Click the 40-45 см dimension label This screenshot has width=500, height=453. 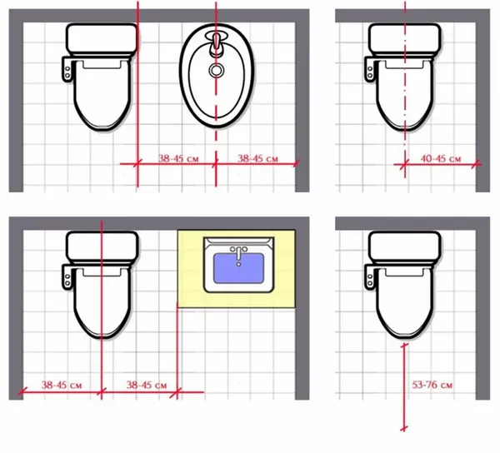click(441, 159)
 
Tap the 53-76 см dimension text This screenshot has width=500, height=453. click(432, 385)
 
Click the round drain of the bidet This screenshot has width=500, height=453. click(217, 70)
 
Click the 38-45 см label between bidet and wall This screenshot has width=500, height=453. click(257, 158)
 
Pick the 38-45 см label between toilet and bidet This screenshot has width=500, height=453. click(178, 158)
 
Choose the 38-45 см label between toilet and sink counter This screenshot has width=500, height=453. click(147, 386)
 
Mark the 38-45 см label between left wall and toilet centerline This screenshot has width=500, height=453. click(62, 386)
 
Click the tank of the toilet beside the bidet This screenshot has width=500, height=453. click(102, 38)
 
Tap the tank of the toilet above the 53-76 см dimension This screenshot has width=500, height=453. click(405, 246)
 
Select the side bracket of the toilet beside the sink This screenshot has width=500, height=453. click(67, 276)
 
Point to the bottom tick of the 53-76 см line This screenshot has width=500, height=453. click(403, 428)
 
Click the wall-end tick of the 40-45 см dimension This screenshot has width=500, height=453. click(477, 164)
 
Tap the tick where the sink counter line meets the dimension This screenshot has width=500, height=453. click(177, 392)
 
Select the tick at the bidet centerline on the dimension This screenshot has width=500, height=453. click(216, 164)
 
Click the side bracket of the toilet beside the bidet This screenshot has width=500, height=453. click(67, 69)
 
